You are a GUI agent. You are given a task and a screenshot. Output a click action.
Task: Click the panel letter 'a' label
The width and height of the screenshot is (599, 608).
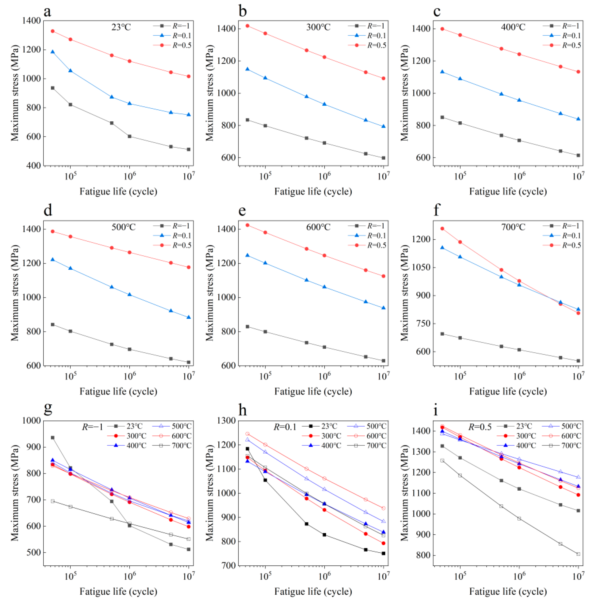[47, 12]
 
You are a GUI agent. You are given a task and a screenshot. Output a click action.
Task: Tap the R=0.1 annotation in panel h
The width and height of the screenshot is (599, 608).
[285, 427]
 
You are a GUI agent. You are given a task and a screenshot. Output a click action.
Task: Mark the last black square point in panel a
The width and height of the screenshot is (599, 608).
[189, 149]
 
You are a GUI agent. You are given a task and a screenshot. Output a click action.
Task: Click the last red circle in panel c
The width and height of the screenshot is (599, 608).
[578, 72]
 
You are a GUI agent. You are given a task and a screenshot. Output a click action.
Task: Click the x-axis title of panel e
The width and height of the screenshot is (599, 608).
[313, 391]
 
